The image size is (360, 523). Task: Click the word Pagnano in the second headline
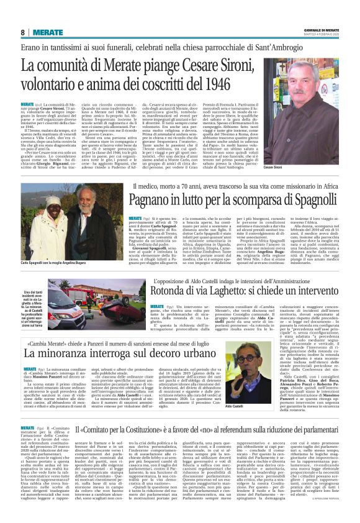point(142,201)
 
